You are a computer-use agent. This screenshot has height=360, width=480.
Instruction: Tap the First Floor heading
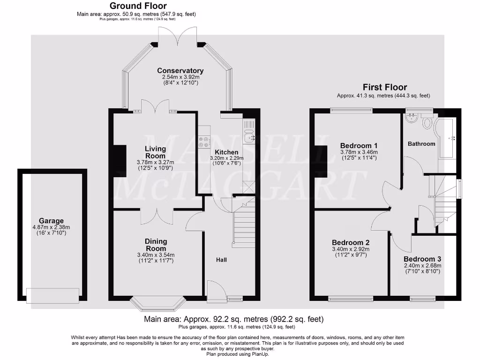click(x=385, y=87)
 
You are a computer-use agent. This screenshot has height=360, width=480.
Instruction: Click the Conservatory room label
click(x=180, y=71)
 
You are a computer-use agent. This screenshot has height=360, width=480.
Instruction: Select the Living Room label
click(x=155, y=152)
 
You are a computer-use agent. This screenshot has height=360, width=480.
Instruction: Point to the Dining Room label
click(x=156, y=245)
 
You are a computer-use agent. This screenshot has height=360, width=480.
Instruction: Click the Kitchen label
click(x=226, y=152)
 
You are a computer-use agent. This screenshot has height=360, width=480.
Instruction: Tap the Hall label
click(x=221, y=259)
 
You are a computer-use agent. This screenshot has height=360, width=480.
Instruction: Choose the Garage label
click(x=51, y=221)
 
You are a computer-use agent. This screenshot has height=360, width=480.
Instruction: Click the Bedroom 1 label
click(x=359, y=145)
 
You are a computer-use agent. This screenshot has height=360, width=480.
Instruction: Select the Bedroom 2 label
click(x=351, y=242)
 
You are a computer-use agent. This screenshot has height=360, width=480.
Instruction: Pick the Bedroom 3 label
click(x=422, y=259)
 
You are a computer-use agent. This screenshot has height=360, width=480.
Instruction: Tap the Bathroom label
click(x=421, y=143)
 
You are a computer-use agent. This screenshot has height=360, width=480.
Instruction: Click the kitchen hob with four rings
click(x=204, y=142)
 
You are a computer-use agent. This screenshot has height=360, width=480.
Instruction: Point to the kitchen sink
click(x=249, y=137)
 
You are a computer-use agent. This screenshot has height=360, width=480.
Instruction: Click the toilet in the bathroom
click(x=427, y=123)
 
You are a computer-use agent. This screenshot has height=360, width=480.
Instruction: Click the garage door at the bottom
click(x=52, y=296)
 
